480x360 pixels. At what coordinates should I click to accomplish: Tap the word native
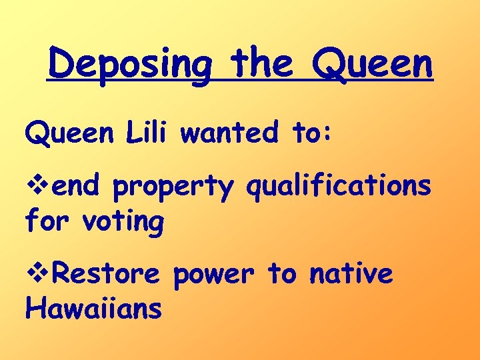(x=351, y=274)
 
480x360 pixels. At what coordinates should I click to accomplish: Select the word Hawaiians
(x=93, y=308)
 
